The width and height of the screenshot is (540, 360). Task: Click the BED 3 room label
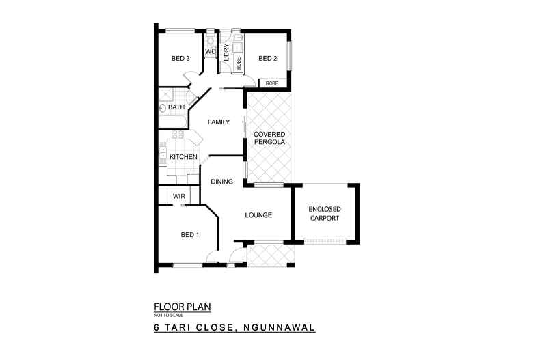click(180, 59)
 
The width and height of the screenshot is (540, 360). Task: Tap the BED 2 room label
click(267, 59)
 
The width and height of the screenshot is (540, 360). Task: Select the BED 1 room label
click(189, 235)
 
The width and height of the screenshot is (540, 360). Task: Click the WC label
click(211, 51)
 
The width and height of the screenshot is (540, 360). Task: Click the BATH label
click(176, 107)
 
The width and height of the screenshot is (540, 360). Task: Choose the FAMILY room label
click(219, 122)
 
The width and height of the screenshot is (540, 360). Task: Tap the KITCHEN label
click(183, 158)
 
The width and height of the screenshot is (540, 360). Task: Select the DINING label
click(222, 182)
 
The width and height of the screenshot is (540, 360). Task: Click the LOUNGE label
click(258, 215)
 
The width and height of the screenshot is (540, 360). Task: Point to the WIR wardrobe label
click(179, 196)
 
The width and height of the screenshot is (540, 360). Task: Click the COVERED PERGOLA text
click(269, 137)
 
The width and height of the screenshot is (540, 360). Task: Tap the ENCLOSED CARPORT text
click(325, 213)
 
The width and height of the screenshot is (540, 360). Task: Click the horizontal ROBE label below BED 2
click(272, 83)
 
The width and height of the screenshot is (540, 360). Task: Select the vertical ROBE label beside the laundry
click(238, 64)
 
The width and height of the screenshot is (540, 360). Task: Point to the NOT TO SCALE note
click(165, 316)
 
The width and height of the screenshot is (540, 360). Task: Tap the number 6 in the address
click(157, 328)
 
